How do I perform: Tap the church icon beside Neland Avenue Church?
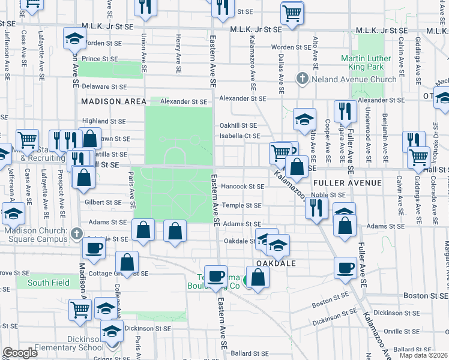click(x=303, y=79)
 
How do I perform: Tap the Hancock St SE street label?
click(x=243, y=187)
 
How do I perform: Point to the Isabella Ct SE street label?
click(x=240, y=136)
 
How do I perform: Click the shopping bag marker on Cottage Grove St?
click(x=127, y=262)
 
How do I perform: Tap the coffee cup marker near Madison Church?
click(x=94, y=249)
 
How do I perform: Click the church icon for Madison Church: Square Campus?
click(x=75, y=233)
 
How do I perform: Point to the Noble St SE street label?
click(x=328, y=195)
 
